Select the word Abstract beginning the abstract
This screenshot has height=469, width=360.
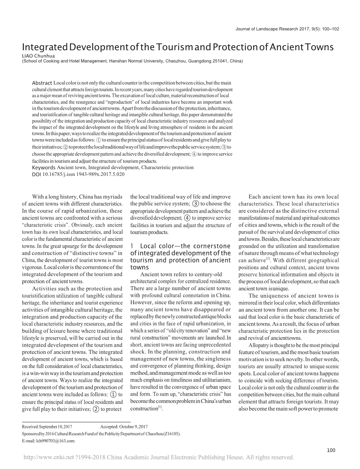pyautogui.click(x=42, y=83)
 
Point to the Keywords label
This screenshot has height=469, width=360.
pyautogui.click(x=44, y=167)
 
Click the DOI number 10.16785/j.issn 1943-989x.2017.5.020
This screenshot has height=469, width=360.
pyautogui.click(x=84, y=174)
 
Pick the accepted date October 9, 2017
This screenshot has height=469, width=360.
pyautogui.click(x=134, y=427)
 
